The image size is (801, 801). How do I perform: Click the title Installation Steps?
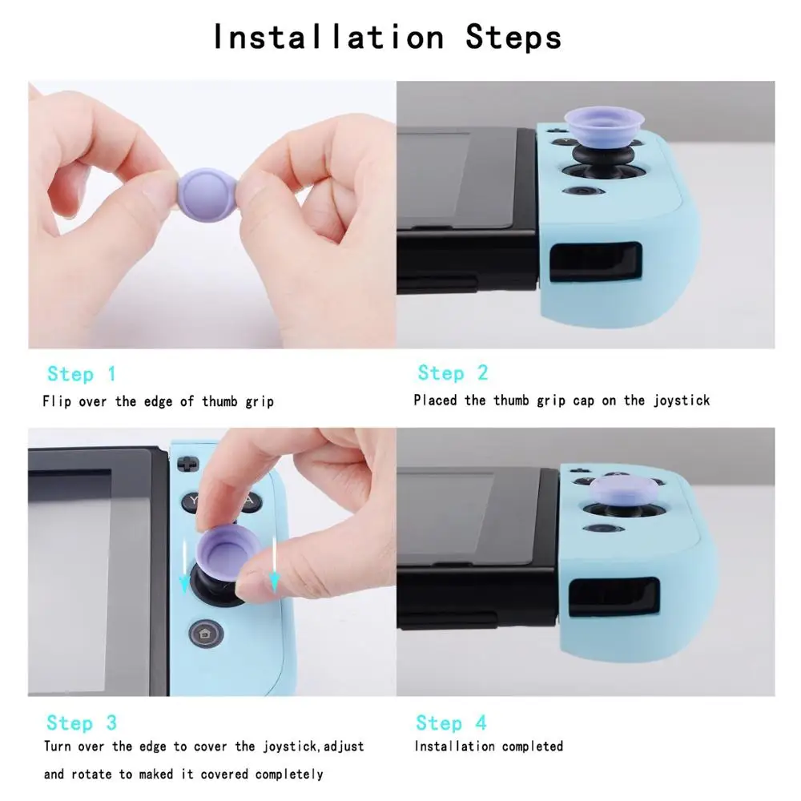[x=387, y=37]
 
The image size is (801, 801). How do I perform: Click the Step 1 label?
[x=82, y=374]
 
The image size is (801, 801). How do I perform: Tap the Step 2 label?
[x=453, y=373]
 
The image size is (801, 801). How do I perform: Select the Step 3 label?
[x=82, y=723]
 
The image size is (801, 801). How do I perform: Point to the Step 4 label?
[x=452, y=723]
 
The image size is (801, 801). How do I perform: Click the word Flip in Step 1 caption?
[x=57, y=401]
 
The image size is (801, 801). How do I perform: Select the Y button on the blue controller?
[x=194, y=502]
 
